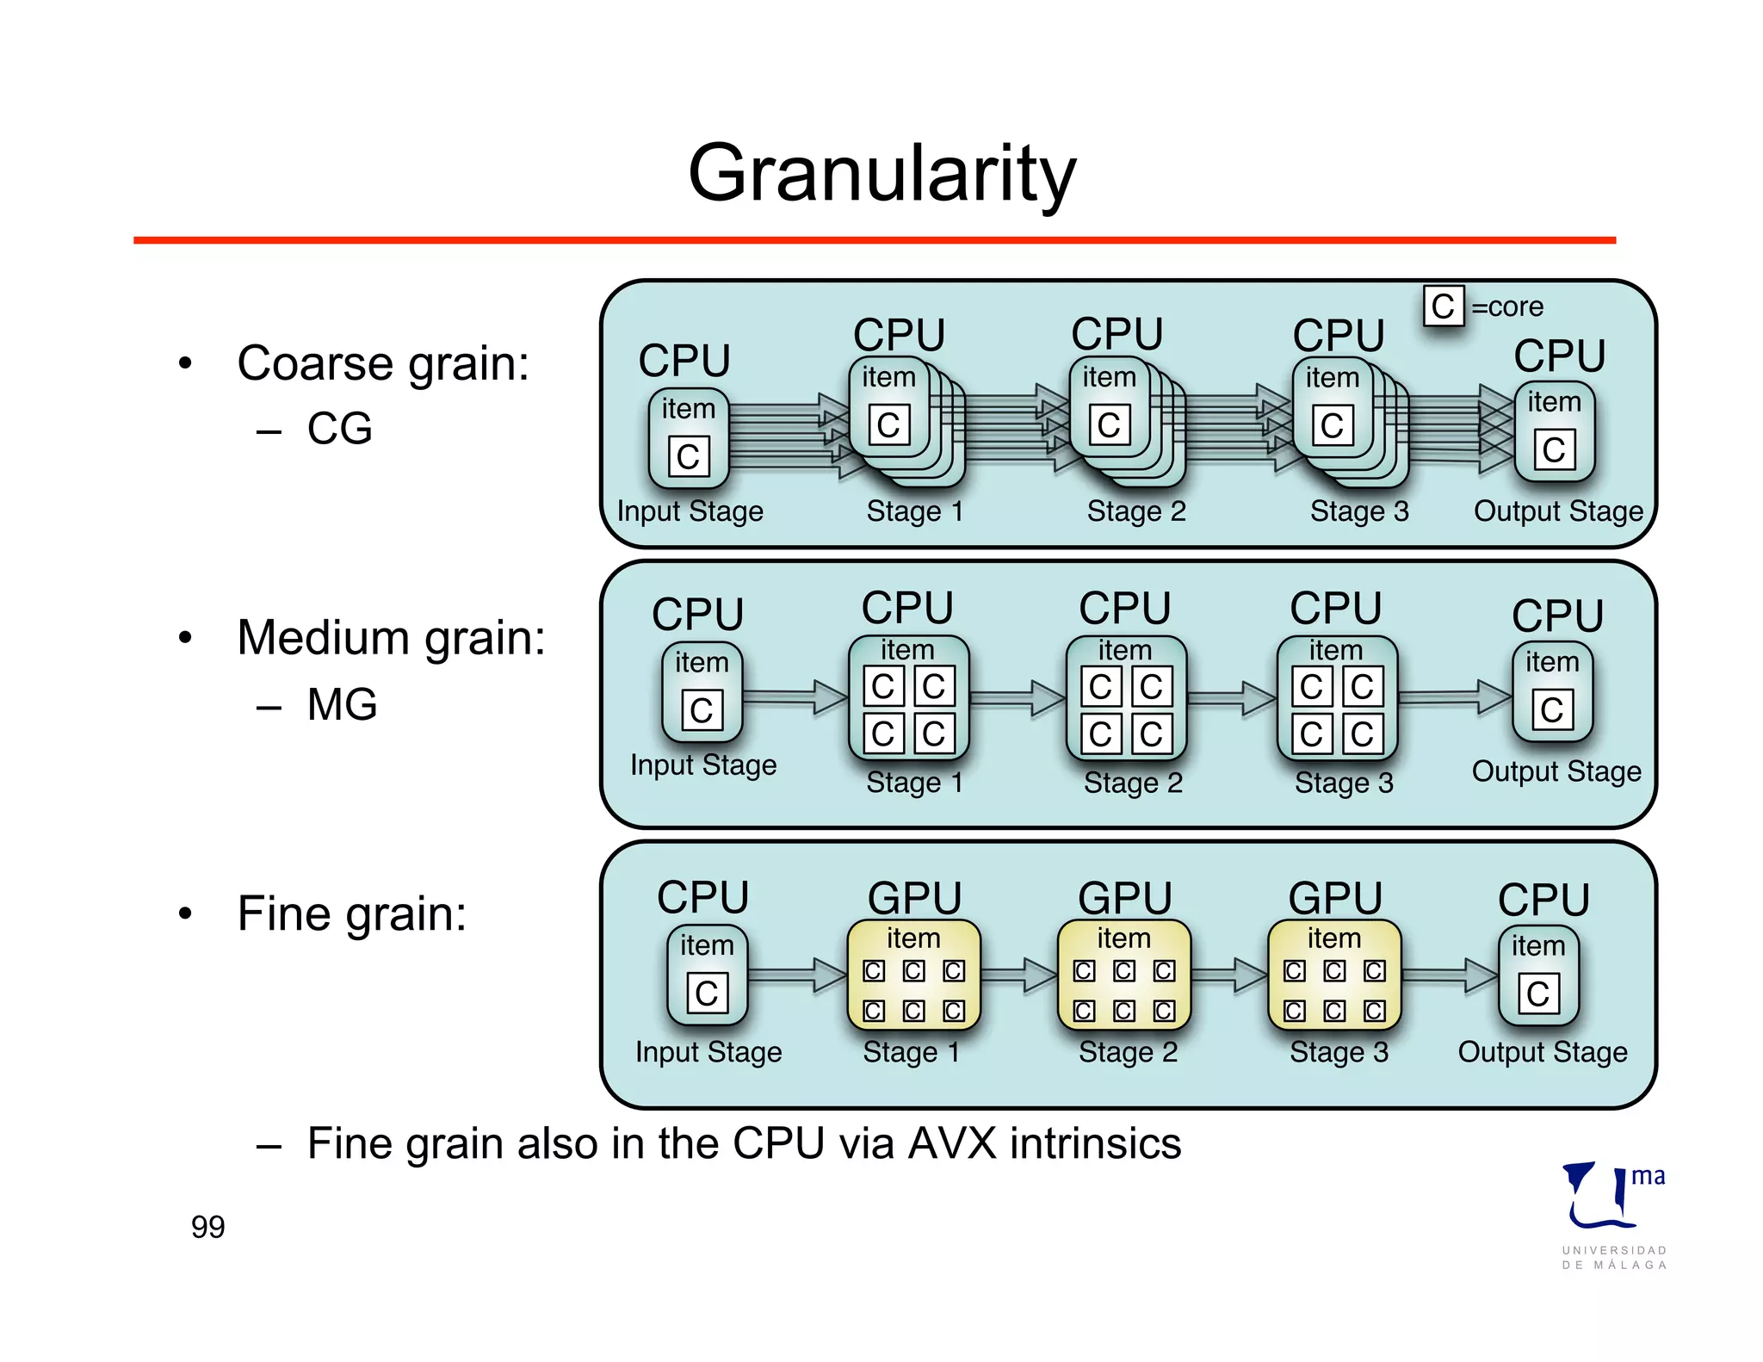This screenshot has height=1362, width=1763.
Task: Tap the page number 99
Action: [x=207, y=1226]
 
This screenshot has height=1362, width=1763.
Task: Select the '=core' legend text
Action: [x=1506, y=307]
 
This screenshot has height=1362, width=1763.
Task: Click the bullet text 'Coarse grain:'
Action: [x=382, y=363]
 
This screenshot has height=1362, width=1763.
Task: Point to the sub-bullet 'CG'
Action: [x=339, y=429]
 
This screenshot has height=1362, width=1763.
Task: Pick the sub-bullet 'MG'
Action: [x=342, y=704]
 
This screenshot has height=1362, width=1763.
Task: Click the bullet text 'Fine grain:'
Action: [x=351, y=913]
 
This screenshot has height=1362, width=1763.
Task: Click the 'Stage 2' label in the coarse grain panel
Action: [x=1136, y=511]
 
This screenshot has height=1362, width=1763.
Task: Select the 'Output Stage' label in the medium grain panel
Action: [x=1556, y=771]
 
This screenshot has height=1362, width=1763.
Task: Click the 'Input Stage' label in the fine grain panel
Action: [x=708, y=1052]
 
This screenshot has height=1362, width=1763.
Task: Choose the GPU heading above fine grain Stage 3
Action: [x=1334, y=898]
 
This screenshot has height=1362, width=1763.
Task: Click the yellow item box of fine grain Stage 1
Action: [x=913, y=975]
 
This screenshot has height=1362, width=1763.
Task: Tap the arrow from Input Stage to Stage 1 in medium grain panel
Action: [x=796, y=696]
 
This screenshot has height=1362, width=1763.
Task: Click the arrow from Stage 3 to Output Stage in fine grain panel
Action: [x=1451, y=975]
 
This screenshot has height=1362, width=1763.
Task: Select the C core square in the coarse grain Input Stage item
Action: [x=689, y=456]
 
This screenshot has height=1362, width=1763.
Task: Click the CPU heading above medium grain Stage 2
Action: [x=1124, y=608]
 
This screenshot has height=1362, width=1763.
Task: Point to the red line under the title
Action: [x=874, y=240]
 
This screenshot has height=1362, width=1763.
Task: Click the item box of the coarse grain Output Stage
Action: [x=1554, y=430]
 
